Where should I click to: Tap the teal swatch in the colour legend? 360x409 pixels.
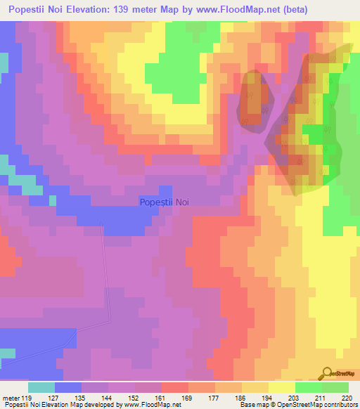[41, 387]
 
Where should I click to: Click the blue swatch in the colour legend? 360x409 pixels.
[68, 387]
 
